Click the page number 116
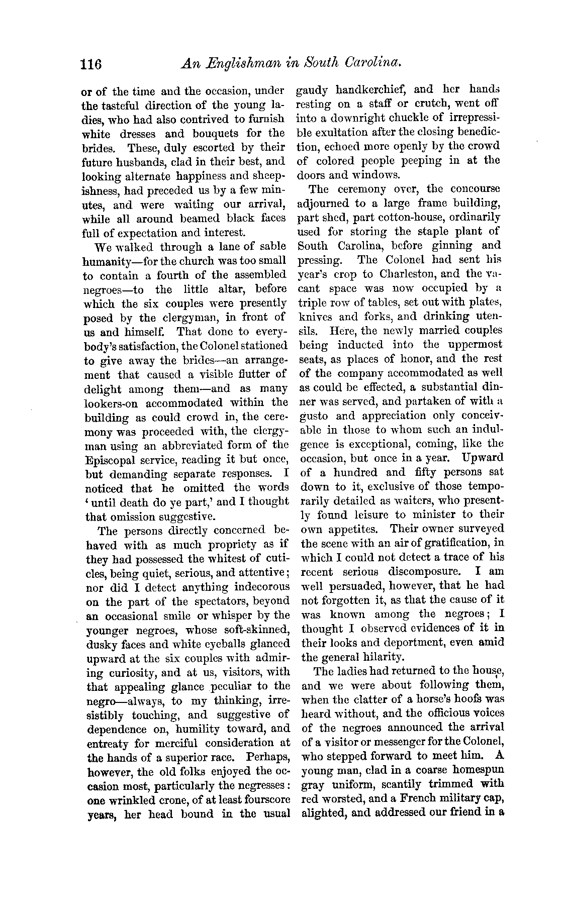pyautogui.click(x=91, y=64)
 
